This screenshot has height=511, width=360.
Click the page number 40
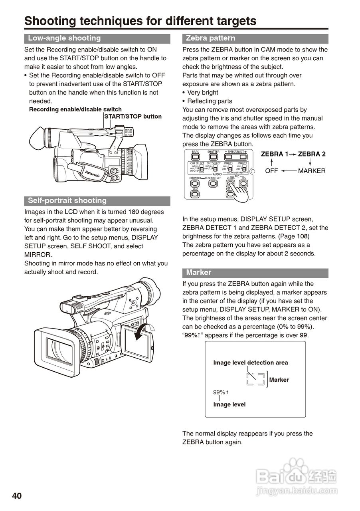point(17,496)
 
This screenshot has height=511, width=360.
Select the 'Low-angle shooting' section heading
point(64,38)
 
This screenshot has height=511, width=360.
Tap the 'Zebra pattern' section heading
point(211,38)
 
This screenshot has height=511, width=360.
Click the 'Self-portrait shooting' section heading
point(67,201)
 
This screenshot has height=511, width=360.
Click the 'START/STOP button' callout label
point(133,117)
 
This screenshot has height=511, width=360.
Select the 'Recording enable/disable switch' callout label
point(75,109)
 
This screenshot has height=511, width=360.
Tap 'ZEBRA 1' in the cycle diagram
point(274,154)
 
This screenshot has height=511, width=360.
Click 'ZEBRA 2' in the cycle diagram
point(312,154)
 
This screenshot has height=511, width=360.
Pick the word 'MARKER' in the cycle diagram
point(312,171)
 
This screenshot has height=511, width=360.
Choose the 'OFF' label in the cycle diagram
point(272,171)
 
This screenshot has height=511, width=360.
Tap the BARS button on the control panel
point(195,157)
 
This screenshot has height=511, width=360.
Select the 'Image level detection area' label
point(250,363)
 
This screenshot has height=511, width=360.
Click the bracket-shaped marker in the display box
point(255,379)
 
